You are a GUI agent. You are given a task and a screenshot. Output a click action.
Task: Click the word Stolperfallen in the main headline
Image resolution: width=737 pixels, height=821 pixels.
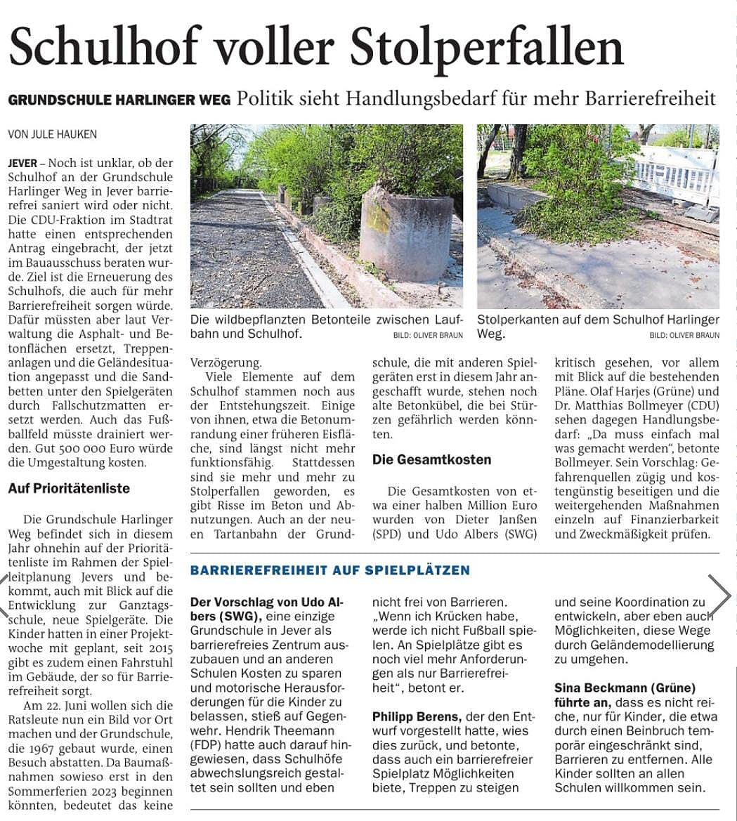click(487, 47)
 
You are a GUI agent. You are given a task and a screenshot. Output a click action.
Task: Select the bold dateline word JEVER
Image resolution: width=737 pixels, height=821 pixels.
click(22, 163)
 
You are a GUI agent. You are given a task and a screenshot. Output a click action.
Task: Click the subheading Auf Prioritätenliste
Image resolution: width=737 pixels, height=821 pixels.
click(69, 488)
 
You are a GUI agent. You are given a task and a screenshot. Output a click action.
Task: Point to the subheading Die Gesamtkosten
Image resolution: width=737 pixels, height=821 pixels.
click(431, 460)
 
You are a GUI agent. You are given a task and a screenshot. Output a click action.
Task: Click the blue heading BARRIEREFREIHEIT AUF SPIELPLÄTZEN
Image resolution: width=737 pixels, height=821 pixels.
click(330, 570)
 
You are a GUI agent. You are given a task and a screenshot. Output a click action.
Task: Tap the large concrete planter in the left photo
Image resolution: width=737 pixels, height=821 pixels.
click(406, 236)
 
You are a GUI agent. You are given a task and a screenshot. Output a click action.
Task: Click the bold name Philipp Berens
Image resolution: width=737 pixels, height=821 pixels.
click(417, 717)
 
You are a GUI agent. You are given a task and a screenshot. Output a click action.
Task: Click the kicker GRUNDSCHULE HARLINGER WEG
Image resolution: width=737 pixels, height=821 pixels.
click(119, 100)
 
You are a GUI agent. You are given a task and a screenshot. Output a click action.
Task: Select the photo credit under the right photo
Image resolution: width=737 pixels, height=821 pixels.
click(684, 336)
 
